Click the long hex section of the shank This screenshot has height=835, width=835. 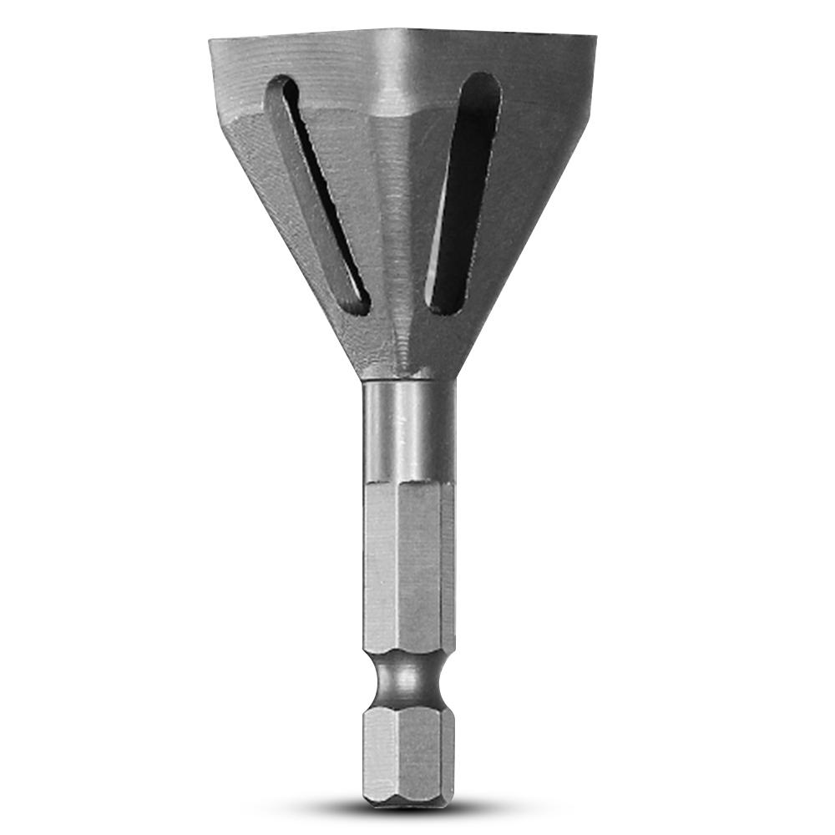click(407, 568)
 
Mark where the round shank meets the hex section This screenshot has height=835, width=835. click(407, 483)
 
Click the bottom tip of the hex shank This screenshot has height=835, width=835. click(407, 797)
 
